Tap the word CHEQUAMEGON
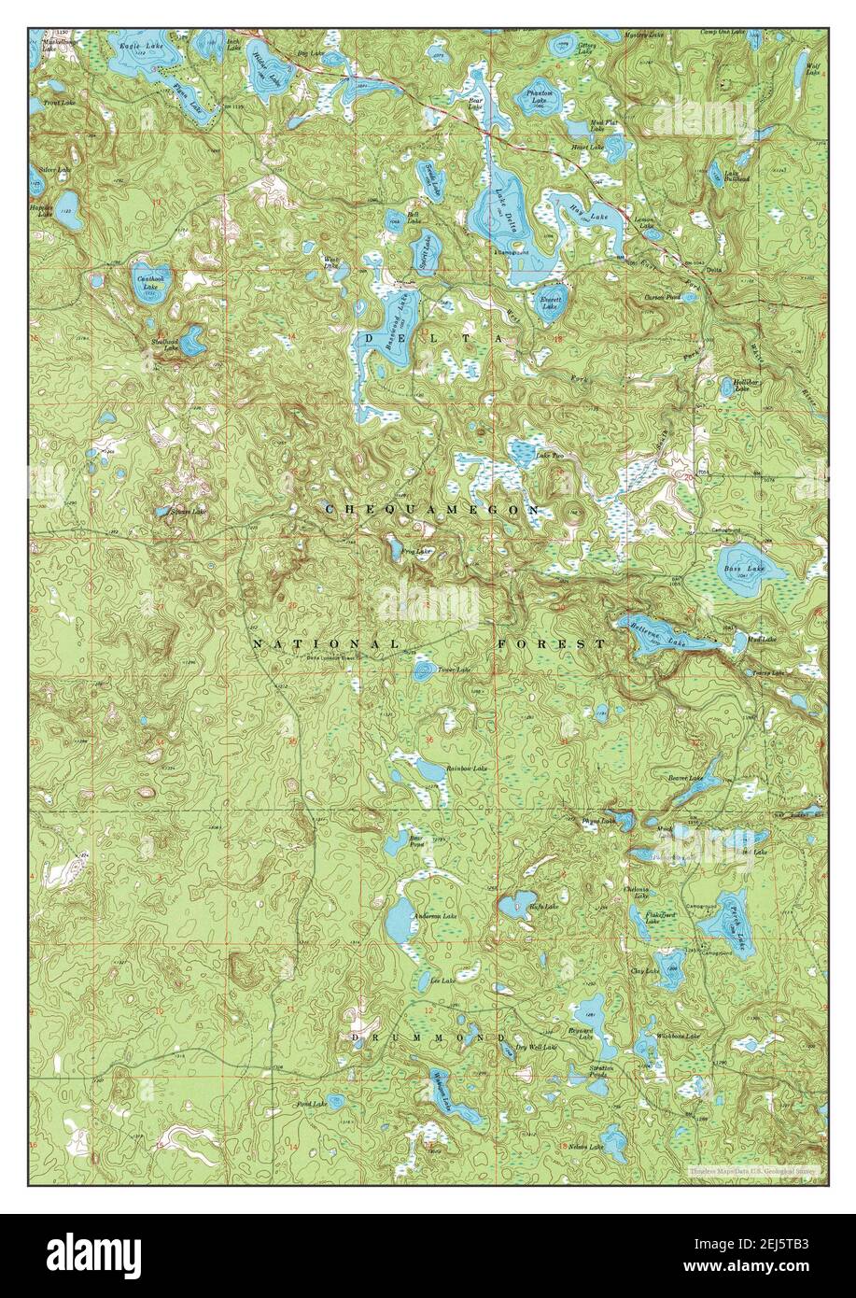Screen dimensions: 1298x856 pyautogui.click(x=432, y=510)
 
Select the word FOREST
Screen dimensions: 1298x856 pyautogui.click(x=552, y=644)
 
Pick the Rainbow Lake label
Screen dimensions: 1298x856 pyautogui.click(x=467, y=768)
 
